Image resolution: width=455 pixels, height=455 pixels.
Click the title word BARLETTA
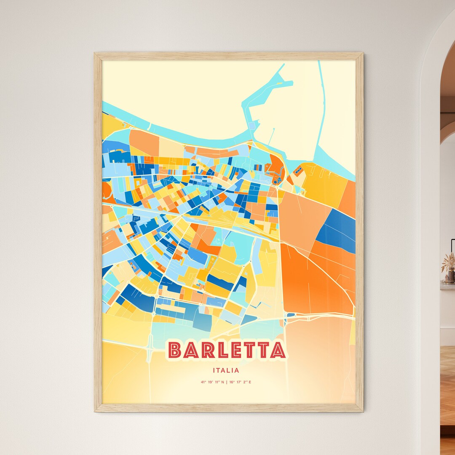[227, 350]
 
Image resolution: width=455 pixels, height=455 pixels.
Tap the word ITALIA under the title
[227, 371]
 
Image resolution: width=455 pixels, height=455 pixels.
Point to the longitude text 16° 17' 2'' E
[240, 383]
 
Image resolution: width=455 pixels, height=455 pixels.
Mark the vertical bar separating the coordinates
[226, 383]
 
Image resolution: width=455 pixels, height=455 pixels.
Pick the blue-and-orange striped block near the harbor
[299, 171]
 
